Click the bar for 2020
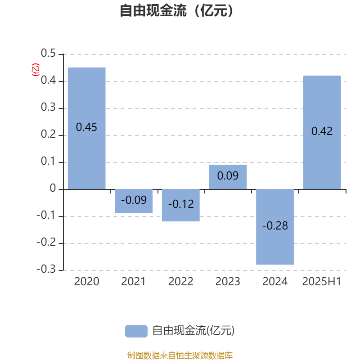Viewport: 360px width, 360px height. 86,128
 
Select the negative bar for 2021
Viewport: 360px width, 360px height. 134,201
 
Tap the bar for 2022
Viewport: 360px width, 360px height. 181,205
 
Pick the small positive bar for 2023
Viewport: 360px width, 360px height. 228,177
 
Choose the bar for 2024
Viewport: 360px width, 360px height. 275,227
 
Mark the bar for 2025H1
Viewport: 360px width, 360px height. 322,132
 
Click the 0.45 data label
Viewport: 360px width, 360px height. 86,127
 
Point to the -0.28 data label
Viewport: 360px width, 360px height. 275,226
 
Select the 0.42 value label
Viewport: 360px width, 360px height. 322,131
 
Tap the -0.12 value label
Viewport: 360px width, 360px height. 181,204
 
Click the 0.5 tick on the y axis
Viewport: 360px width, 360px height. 48,53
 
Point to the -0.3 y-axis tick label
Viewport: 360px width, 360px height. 46,269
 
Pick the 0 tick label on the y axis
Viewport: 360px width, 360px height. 53,188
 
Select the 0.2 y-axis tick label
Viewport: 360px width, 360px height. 48,134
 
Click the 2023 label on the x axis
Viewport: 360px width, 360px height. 228,282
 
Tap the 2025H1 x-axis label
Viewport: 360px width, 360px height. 322,282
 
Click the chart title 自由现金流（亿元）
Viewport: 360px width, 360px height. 176,10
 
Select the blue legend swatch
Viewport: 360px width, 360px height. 136,331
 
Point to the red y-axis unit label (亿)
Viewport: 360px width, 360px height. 36,70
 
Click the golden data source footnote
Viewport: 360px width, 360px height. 180,355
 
